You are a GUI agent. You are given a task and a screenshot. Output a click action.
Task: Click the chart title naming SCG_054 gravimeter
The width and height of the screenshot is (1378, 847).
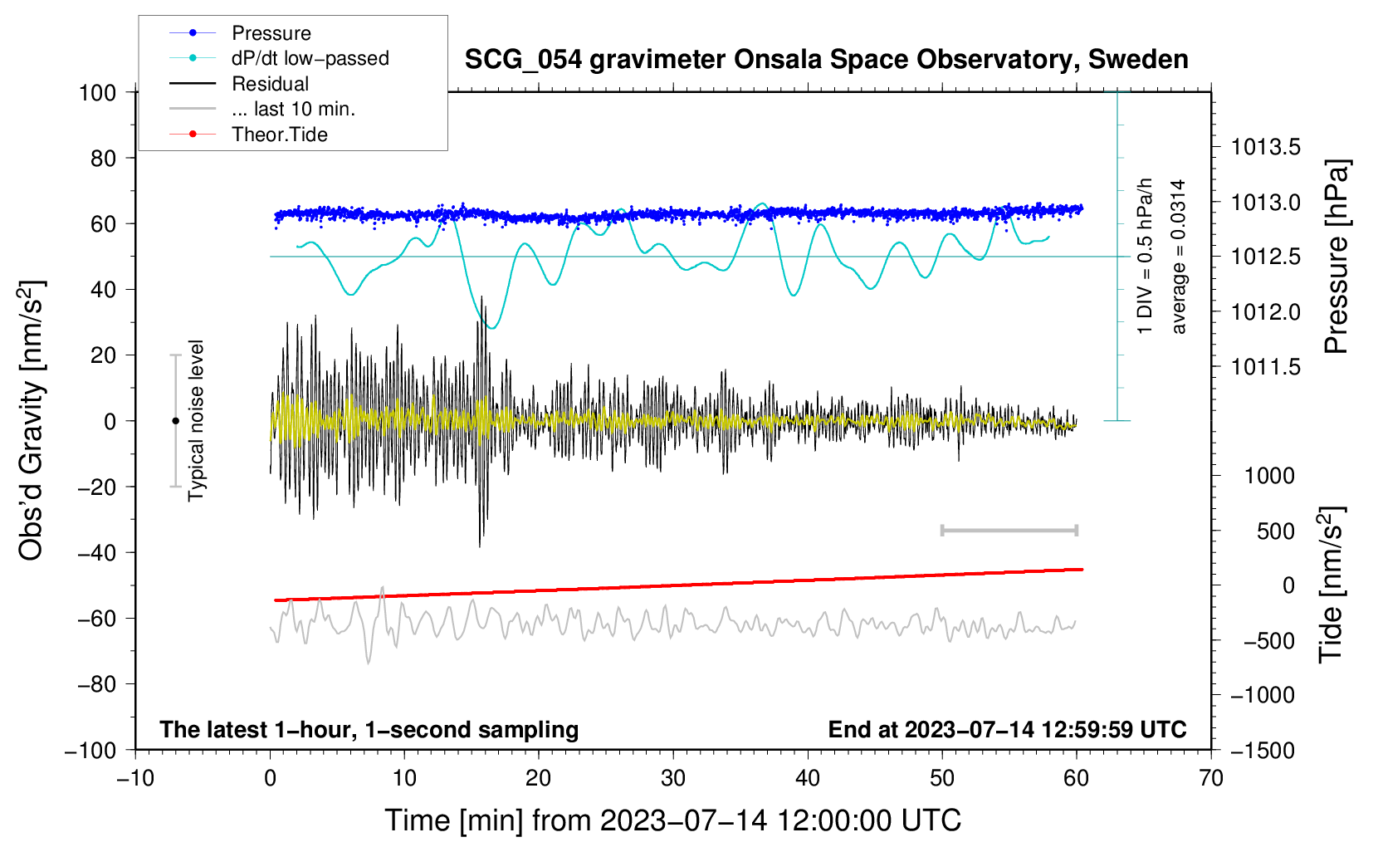826,60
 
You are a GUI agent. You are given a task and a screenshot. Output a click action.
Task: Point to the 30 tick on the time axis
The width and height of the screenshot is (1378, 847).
673,778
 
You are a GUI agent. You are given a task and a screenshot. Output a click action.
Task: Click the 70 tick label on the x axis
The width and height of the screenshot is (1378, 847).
1211,778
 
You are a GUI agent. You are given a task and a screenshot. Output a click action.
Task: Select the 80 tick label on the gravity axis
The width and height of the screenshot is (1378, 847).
103,158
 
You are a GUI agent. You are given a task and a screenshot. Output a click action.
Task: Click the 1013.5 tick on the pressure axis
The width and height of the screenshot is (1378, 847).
1265,148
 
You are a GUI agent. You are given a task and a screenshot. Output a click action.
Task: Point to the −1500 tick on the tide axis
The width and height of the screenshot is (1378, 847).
1263,750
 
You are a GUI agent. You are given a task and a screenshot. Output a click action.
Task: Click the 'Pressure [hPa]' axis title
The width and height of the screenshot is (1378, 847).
1336,257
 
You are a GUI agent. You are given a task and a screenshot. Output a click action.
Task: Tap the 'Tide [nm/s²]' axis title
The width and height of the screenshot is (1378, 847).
1332,585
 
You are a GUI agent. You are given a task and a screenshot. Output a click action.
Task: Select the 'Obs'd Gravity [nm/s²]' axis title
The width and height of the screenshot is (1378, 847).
32,421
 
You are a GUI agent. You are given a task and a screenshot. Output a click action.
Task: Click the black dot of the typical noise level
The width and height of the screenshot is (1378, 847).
175,421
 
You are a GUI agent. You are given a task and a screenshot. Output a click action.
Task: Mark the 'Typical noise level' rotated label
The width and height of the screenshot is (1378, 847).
196,421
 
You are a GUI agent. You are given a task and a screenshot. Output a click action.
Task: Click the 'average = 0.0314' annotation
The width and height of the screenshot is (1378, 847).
1178,257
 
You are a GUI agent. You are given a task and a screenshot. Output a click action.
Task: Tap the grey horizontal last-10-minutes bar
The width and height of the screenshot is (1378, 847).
1009,530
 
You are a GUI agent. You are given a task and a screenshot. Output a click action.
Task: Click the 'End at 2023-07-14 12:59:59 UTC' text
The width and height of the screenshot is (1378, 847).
1007,730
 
